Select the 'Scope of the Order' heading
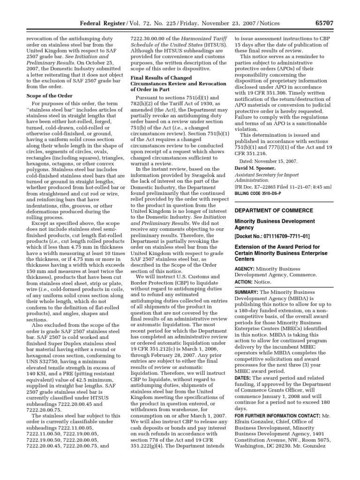(49, 95)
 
